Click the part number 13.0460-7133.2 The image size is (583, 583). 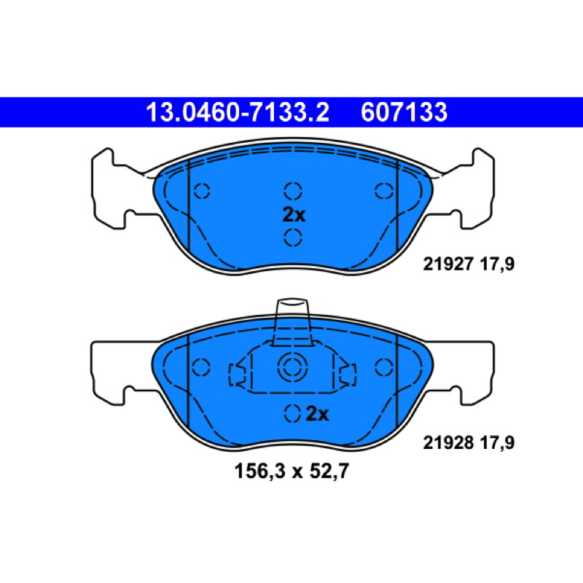pos(238,112)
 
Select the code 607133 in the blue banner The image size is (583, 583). pos(404,112)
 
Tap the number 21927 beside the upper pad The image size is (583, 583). pos(448,265)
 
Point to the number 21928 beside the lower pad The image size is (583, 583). pos(448,443)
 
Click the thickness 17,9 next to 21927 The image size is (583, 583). pos(497,265)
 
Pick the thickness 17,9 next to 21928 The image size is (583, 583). pos(497,443)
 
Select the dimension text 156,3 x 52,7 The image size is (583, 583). pos(292,472)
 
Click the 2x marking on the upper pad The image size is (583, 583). pos(294,215)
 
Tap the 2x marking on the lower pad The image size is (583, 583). pos(317,414)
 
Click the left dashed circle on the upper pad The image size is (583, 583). pos(202,191)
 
